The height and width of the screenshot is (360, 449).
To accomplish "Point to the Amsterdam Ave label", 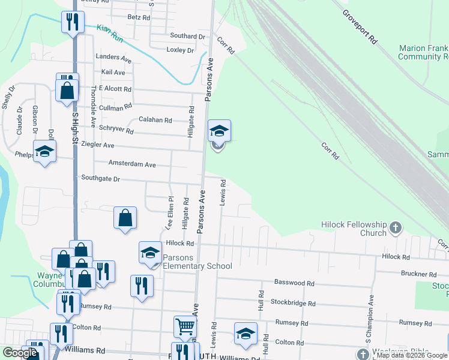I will click(131, 164).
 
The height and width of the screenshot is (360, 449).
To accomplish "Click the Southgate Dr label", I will click(100, 178).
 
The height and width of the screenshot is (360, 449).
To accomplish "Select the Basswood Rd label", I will click(294, 282).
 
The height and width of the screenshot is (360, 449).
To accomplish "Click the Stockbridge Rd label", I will click(292, 302).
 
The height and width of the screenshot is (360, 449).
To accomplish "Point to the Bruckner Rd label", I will click(418, 274).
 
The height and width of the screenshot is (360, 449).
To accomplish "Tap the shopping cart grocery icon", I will click(185, 327).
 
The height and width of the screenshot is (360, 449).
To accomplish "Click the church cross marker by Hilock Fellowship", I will click(395, 227).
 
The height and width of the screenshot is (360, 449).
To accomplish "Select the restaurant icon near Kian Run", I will click(73, 23).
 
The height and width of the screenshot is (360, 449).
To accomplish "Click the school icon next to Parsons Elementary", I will click(150, 253).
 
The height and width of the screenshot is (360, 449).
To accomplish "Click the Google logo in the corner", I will click(19, 352).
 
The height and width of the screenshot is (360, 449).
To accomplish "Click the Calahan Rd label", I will click(155, 119).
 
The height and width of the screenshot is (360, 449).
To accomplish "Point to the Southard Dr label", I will click(187, 36).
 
